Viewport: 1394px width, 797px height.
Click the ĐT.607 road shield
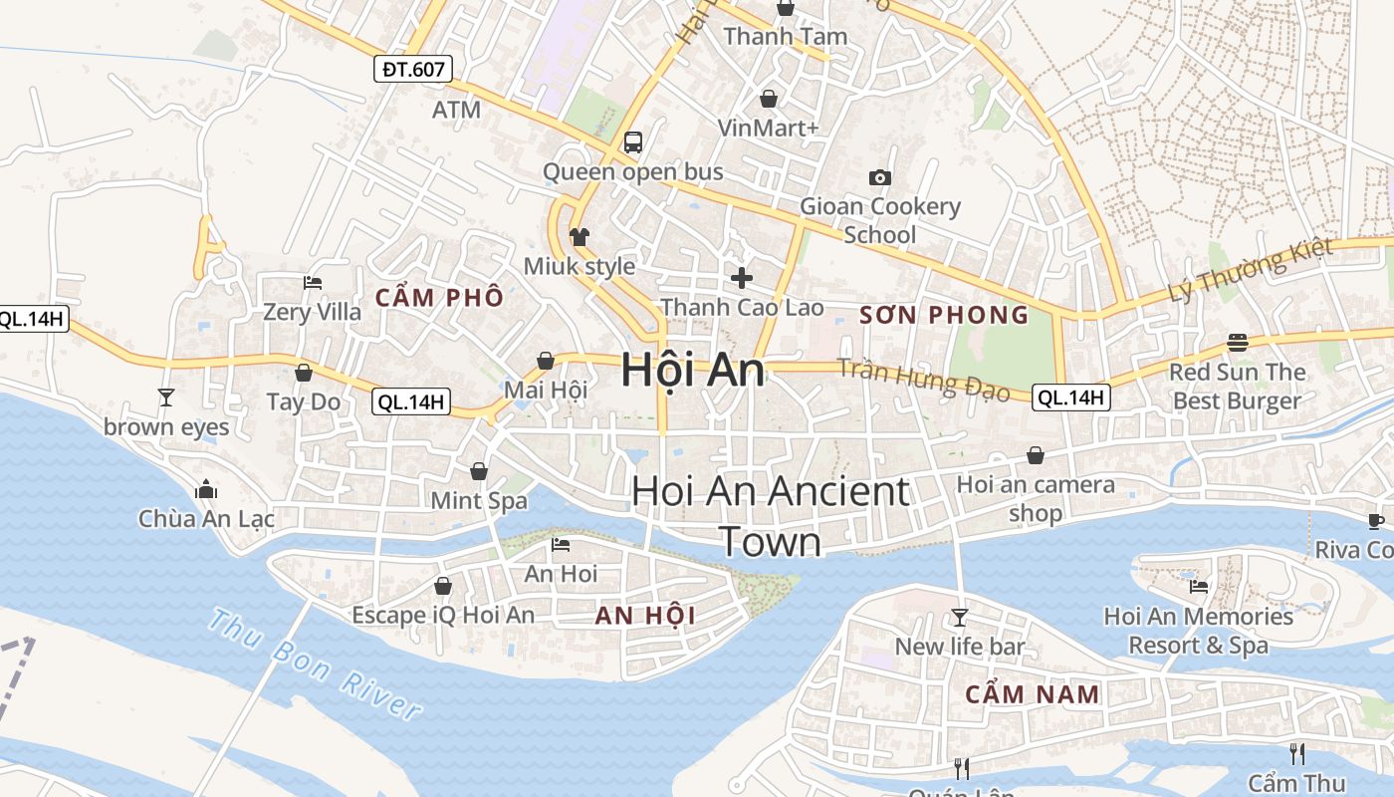(414, 69)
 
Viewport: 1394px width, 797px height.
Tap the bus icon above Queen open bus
(632, 142)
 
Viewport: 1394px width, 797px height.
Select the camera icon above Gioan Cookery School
(880, 177)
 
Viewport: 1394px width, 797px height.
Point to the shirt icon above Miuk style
(580, 236)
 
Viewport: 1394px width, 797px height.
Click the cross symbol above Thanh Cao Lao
(742, 277)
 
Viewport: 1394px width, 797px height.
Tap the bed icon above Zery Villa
(312, 283)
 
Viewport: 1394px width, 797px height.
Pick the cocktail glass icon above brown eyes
(166, 398)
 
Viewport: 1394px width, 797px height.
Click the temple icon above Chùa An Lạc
(207, 489)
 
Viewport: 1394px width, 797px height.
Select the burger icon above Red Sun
(1238, 343)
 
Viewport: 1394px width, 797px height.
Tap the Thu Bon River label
(315, 664)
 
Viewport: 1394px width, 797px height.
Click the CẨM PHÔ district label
(439, 297)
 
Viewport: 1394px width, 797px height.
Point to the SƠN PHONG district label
(944, 316)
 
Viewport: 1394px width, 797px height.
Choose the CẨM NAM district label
(1033, 694)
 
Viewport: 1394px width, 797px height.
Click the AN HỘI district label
(645, 616)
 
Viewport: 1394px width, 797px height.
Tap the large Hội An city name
(693, 371)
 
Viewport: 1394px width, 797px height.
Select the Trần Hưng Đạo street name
(923, 381)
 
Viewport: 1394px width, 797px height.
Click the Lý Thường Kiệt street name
(1251, 270)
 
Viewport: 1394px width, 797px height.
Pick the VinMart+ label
(769, 129)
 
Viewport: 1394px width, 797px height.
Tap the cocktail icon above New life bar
(960, 618)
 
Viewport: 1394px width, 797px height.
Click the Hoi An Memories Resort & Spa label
(1199, 631)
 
